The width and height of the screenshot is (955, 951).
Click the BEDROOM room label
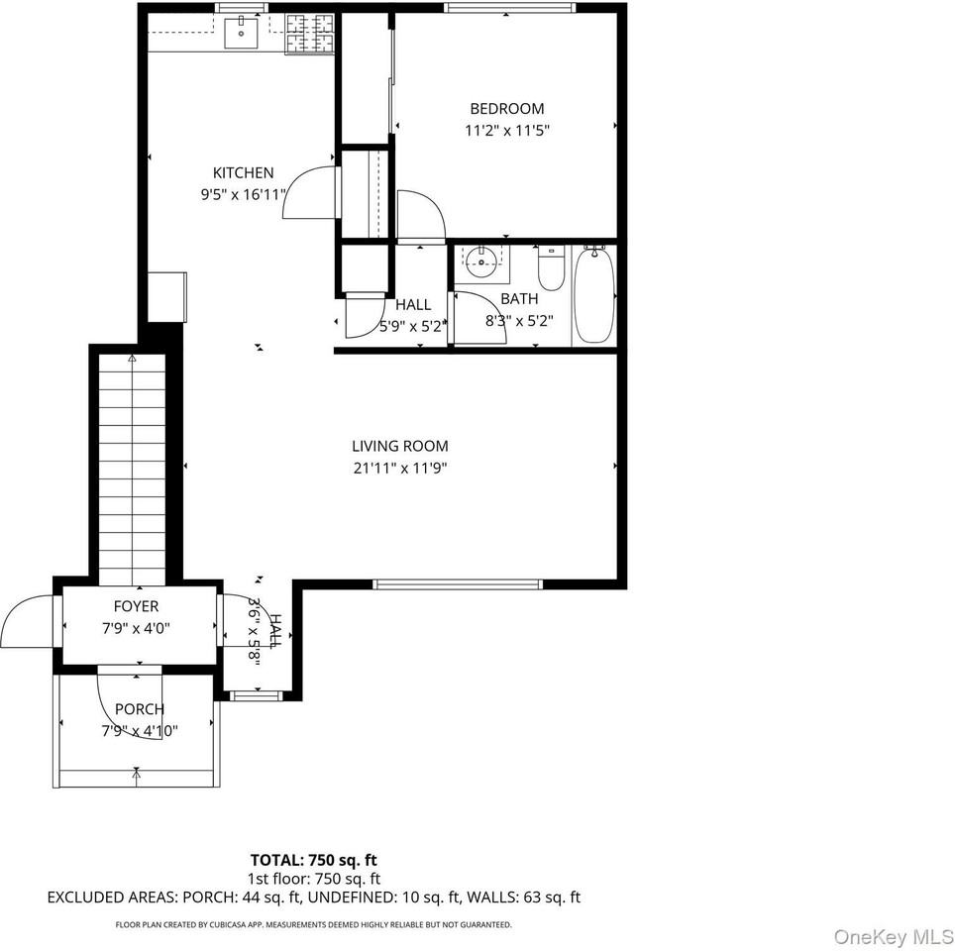click(x=507, y=108)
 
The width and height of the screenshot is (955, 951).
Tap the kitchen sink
click(x=241, y=33)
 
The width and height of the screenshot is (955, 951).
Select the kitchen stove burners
click(x=310, y=34)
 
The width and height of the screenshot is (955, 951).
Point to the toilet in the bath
click(x=552, y=267)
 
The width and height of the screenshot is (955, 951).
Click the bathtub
click(x=594, y=294)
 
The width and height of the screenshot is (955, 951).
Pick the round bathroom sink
click(x=481, y=263)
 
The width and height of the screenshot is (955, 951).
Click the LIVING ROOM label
click(x=399, y=446)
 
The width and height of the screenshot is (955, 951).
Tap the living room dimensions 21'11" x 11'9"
click(x=399, y=469)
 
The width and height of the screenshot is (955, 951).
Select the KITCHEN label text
click(x=243, y=172)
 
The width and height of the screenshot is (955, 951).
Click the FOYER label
click(x=136, y=606)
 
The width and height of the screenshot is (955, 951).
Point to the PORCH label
click(x=140, y=709)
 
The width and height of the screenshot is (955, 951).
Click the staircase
click(x=132, y=470)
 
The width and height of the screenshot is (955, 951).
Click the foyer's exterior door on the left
click(x=28, y=622)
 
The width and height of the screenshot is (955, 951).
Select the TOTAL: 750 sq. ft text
click(x=314, y=860)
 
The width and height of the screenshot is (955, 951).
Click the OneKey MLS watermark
click(x=893, y=935)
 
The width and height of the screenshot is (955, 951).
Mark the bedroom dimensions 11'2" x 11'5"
click(x=507, y=131)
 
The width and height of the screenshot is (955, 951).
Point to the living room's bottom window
click(x=458, y=584)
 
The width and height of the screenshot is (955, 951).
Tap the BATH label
click(x=519, y=298)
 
